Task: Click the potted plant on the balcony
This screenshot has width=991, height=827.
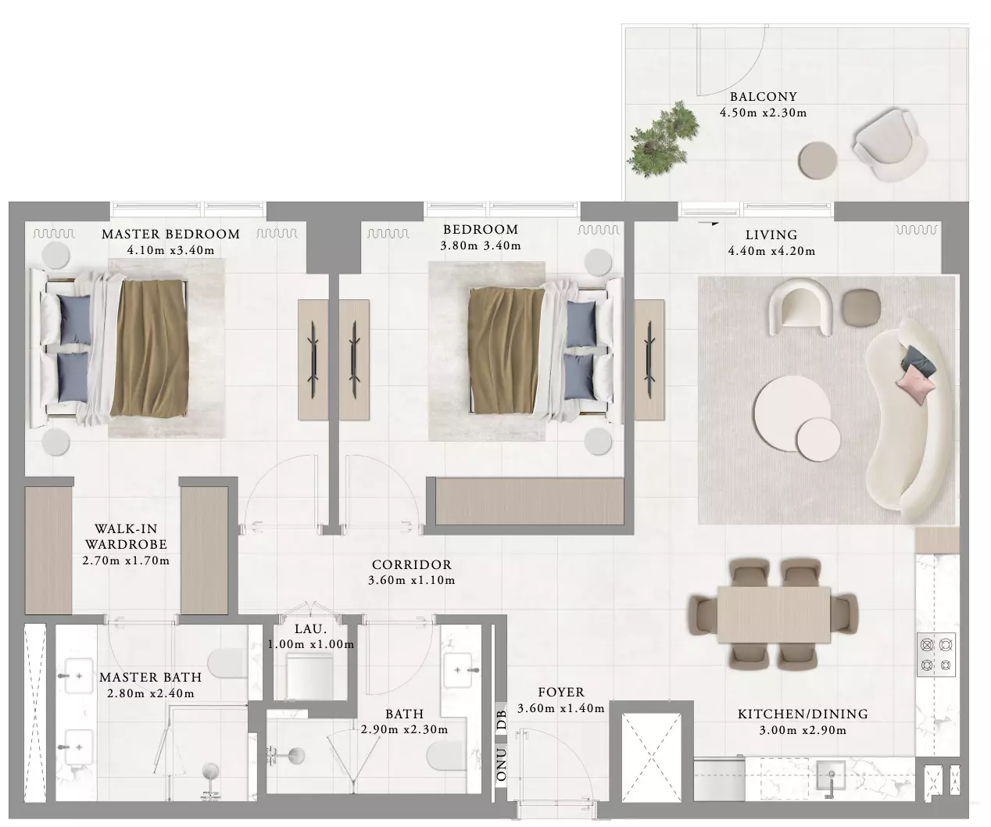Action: [664, 139]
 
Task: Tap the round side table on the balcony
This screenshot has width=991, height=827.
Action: [817, 160]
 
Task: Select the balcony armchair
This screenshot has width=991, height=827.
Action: [890, 145]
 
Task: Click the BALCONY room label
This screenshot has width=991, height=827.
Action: [764, 97]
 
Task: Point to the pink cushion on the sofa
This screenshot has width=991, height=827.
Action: [915, 387]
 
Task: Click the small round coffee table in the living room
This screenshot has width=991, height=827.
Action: [818, 439]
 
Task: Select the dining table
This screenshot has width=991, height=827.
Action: [774, 614]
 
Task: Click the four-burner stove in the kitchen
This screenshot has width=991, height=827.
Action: [936, 654]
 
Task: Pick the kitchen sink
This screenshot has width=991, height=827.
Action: [831, 775]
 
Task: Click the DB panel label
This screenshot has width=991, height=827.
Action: [501, 719]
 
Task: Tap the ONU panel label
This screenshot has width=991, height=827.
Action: [501, 764]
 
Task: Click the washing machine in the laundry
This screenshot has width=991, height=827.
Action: [310, 676]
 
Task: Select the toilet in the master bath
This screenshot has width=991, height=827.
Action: [227, 663]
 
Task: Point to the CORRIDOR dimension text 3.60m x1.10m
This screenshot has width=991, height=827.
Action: [412, 580]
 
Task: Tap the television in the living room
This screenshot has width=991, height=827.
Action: [649, 360]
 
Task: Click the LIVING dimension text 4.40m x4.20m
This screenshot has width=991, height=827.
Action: [771, 251]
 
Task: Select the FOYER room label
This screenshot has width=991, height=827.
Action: [561, 693]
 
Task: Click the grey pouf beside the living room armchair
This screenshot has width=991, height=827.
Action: [861, 308]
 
